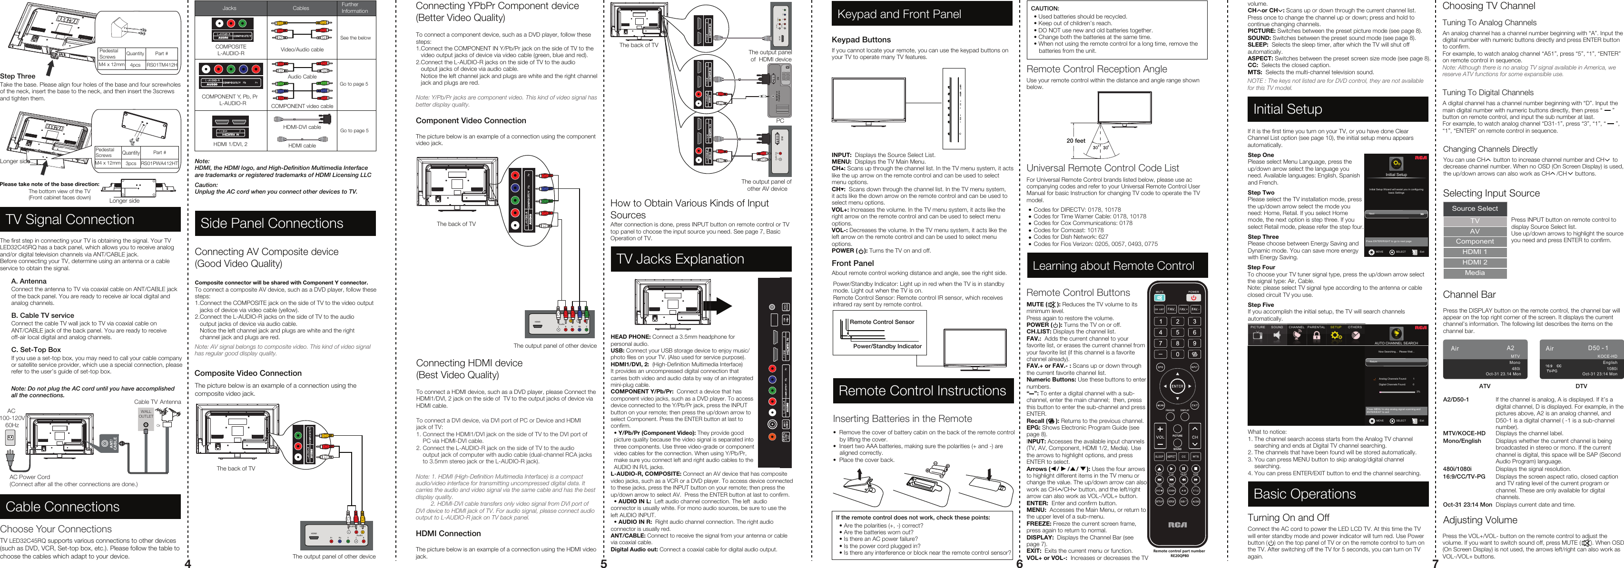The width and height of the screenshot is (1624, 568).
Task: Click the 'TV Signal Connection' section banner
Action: pos(90,219)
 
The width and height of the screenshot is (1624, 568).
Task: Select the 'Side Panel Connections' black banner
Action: pos(285,223)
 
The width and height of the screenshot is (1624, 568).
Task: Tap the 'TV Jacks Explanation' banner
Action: pos(700,259)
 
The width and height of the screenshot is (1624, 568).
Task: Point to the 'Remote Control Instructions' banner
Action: pos(922,391)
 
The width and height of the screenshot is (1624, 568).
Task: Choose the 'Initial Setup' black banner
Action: pos(1337,109)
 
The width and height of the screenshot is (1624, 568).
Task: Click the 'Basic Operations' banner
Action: pos(1337,494)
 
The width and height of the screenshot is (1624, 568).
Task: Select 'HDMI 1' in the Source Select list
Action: pos(1474,252)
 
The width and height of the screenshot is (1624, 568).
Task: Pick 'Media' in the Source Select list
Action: pos(1474,273)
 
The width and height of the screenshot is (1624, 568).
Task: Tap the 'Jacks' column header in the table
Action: pos(229,8)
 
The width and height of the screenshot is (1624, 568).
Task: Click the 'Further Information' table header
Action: pos(355,8)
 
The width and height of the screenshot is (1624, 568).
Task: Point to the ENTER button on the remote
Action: pos(1177,386)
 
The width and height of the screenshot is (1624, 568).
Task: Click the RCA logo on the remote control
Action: pos(1177,525)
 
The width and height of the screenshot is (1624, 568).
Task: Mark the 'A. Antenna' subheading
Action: pos(29,281)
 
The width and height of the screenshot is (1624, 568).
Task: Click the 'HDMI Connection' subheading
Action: pos(448,533)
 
